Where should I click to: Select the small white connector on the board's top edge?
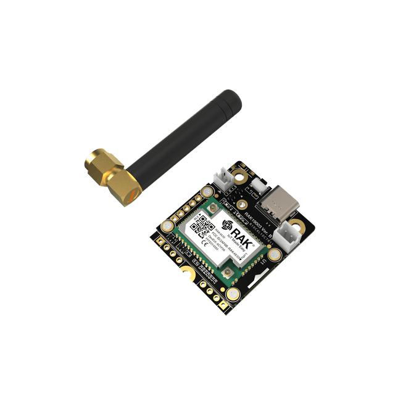(226, 177)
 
